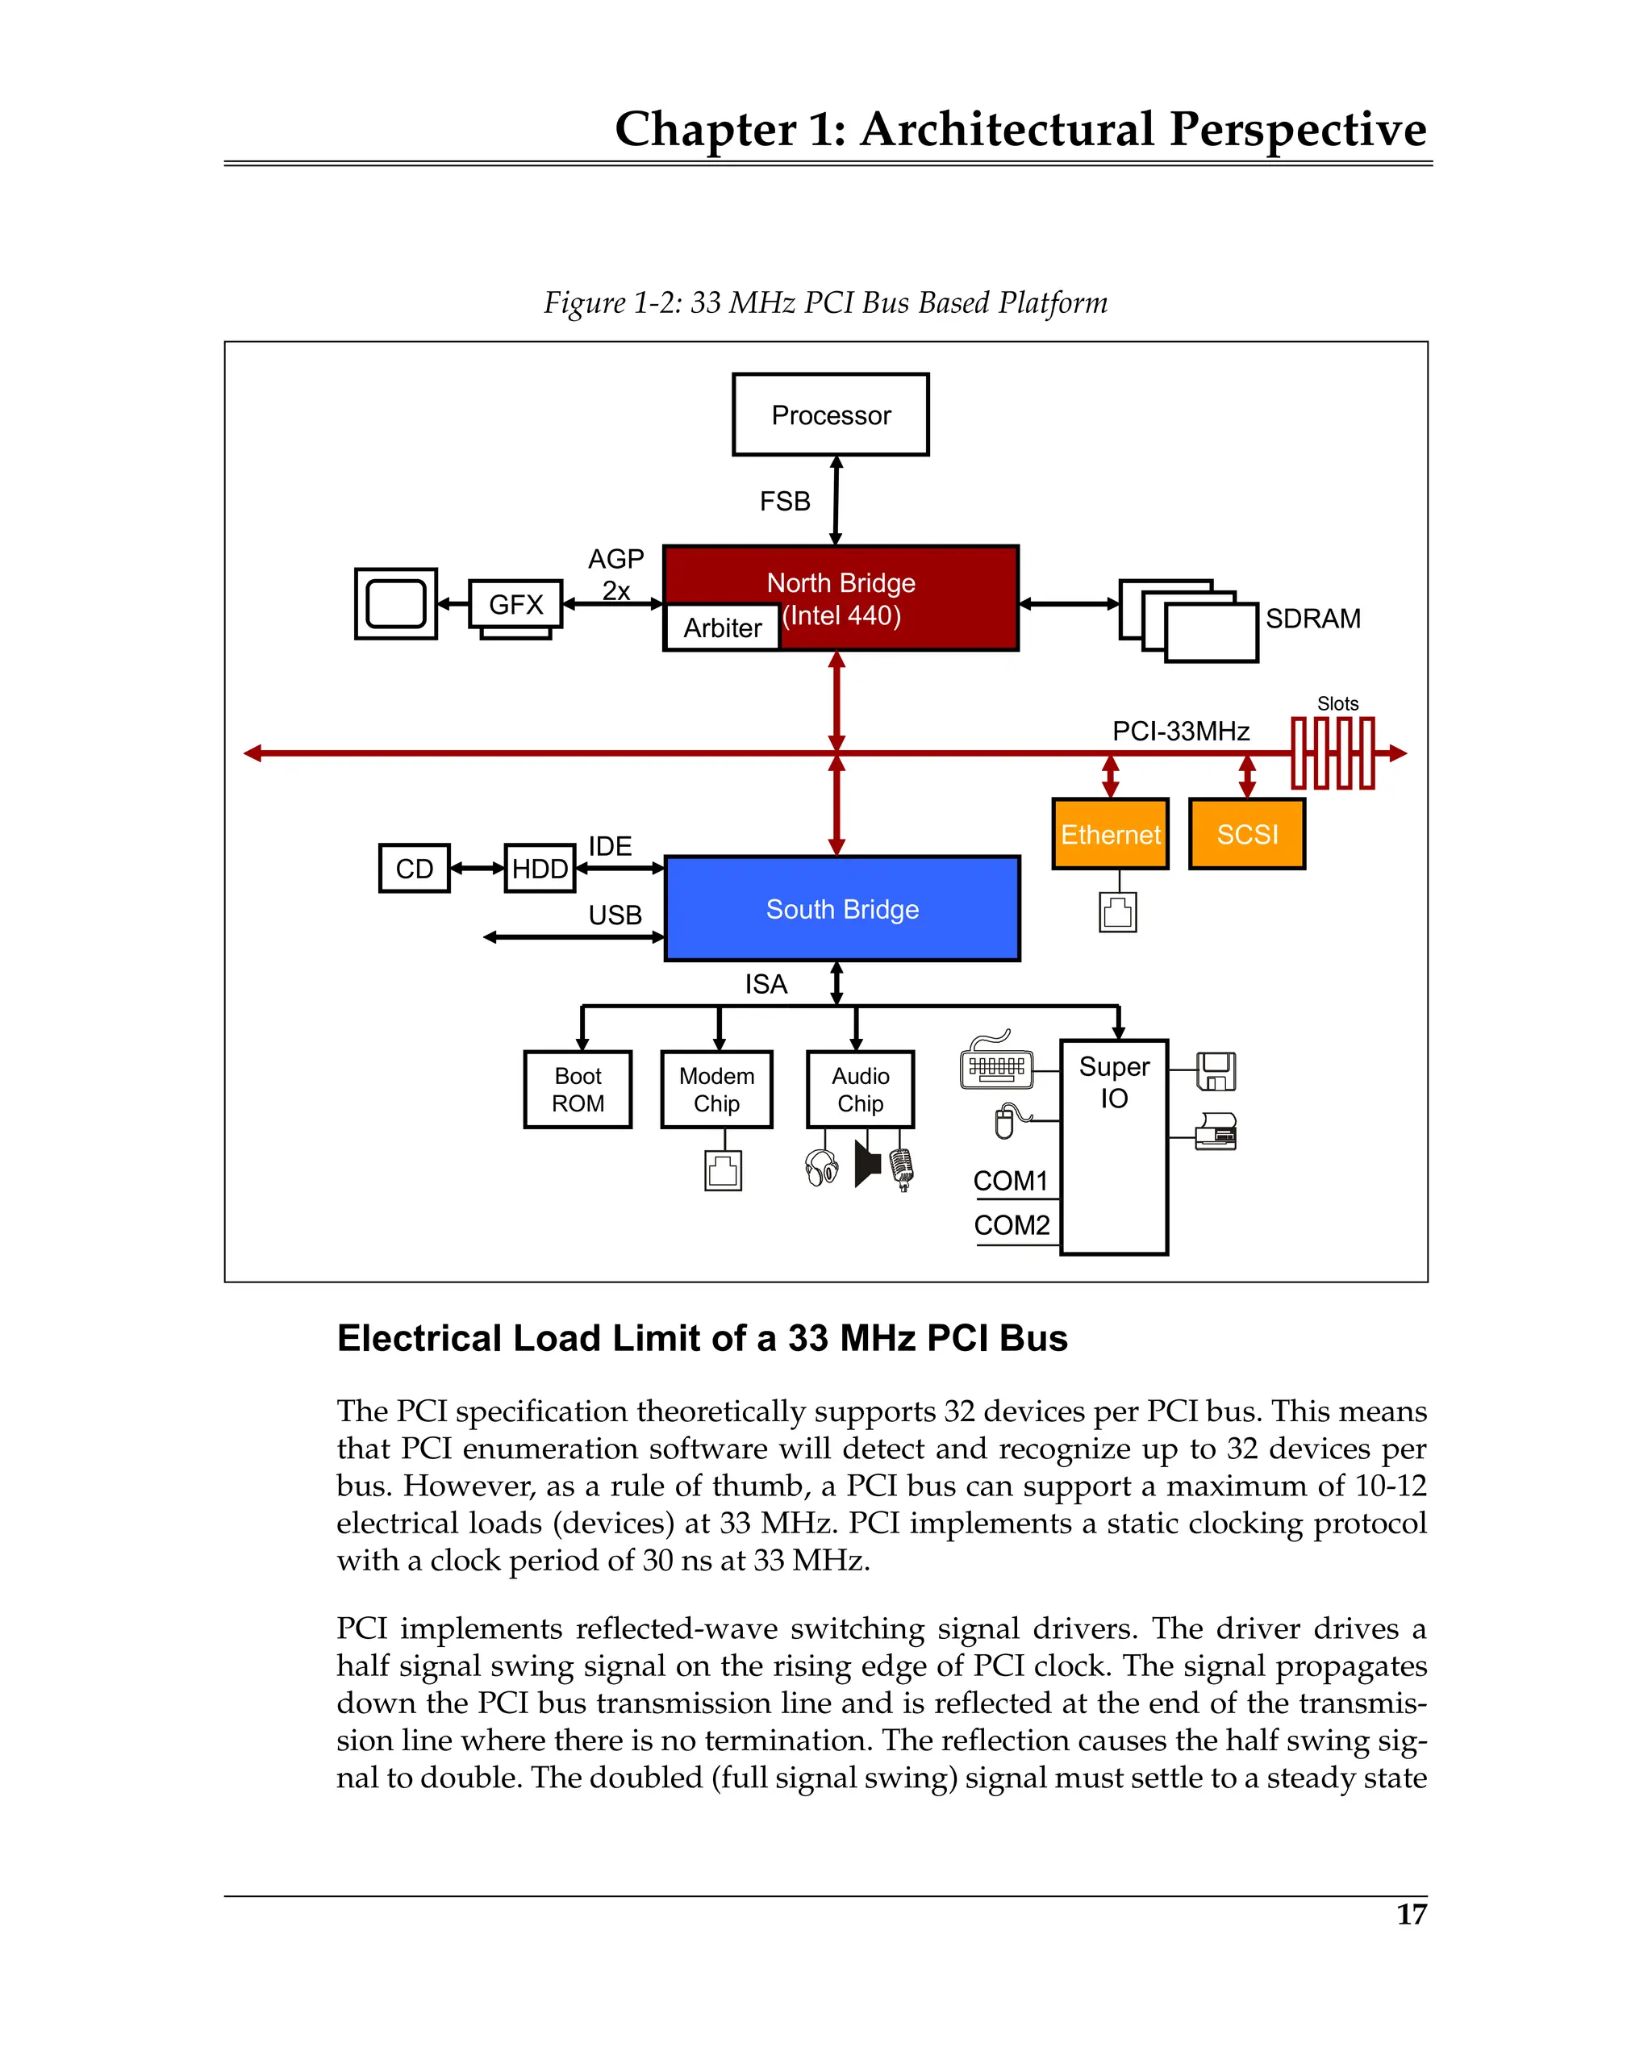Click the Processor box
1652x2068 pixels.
click(830, 415)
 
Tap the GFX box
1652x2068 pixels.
click(515, 604)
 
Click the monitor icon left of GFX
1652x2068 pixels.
click(395, 603)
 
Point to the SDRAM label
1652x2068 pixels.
click(1312, 619)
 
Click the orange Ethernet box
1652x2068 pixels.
click(1109, 833)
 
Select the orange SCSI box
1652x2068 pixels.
click(1246, 833)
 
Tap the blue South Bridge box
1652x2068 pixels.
click(841, 908)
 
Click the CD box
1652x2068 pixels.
click(414, 868)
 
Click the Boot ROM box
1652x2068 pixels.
click(578, 1090)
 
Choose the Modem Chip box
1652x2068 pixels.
click(715, 1090)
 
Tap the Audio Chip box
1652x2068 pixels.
click(860, 1090)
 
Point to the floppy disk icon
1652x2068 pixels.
click(1216, 1070)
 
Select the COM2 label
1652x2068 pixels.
click(1012, 1225)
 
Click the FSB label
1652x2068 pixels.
click(784, 502)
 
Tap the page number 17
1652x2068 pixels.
click(1410, 1915)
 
